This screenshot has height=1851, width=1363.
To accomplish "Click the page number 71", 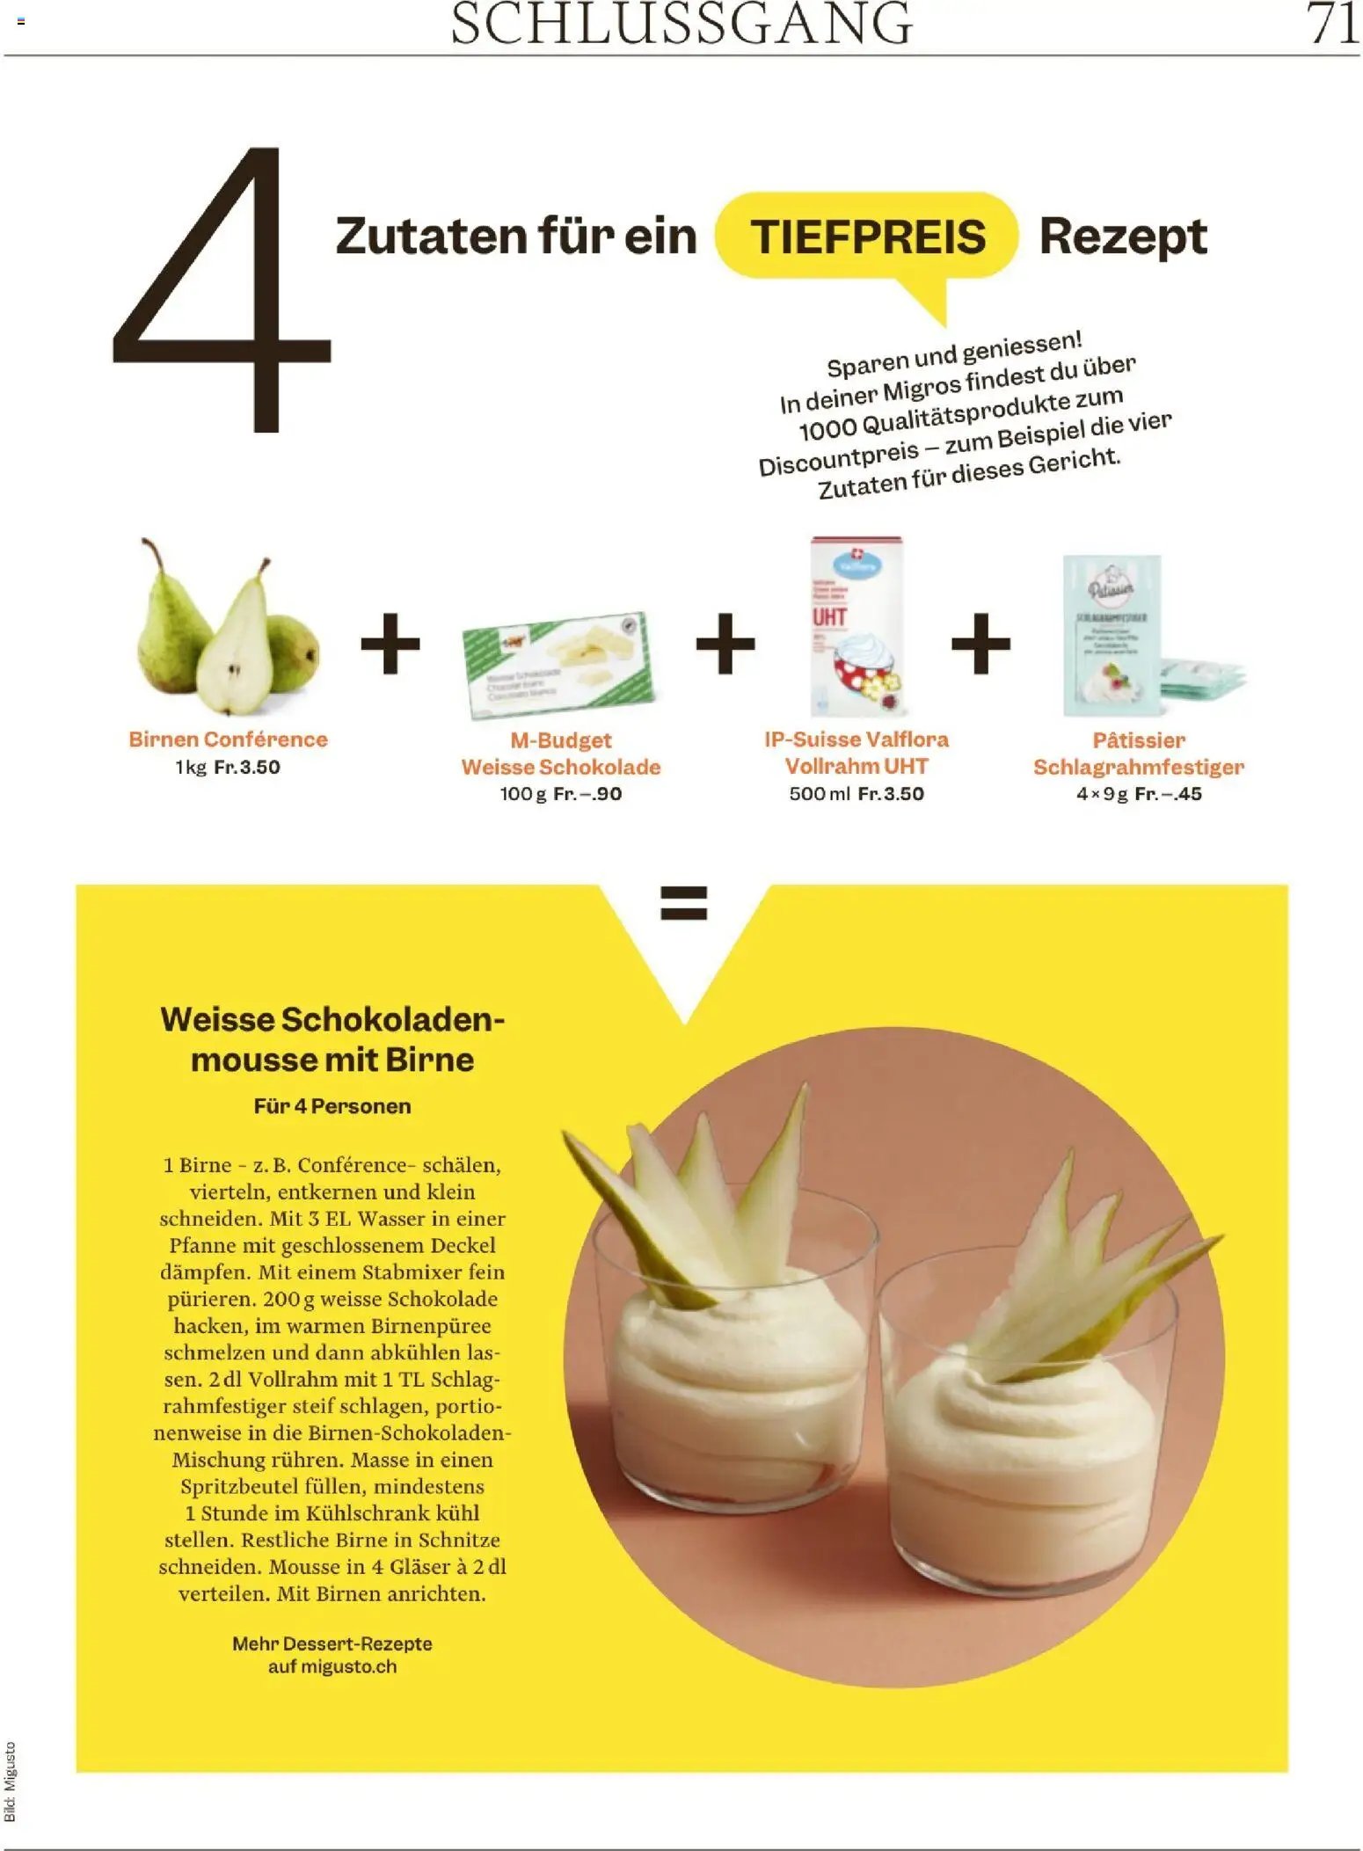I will coord(1331,24).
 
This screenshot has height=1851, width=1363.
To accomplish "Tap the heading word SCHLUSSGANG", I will coord(681,24).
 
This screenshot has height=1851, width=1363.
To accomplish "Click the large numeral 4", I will coord(220,290).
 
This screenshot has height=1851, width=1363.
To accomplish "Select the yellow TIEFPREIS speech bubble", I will coord(867,237).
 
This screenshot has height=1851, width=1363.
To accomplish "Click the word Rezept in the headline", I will coord(1122,237).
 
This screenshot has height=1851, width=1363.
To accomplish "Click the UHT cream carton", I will coord(856,626).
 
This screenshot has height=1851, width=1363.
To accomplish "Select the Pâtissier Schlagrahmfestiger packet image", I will coord(1112,635).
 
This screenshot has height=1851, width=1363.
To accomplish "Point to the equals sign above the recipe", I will coord(683,903).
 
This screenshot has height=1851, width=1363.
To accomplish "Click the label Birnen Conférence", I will coord(228,740).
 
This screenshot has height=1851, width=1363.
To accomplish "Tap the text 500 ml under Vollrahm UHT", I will coord(819,794).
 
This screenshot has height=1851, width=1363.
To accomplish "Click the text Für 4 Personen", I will coord(332,1106).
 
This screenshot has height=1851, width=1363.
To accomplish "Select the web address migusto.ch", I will coord(348,1666).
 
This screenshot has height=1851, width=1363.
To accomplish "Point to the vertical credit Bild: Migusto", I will coord(11,1781).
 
